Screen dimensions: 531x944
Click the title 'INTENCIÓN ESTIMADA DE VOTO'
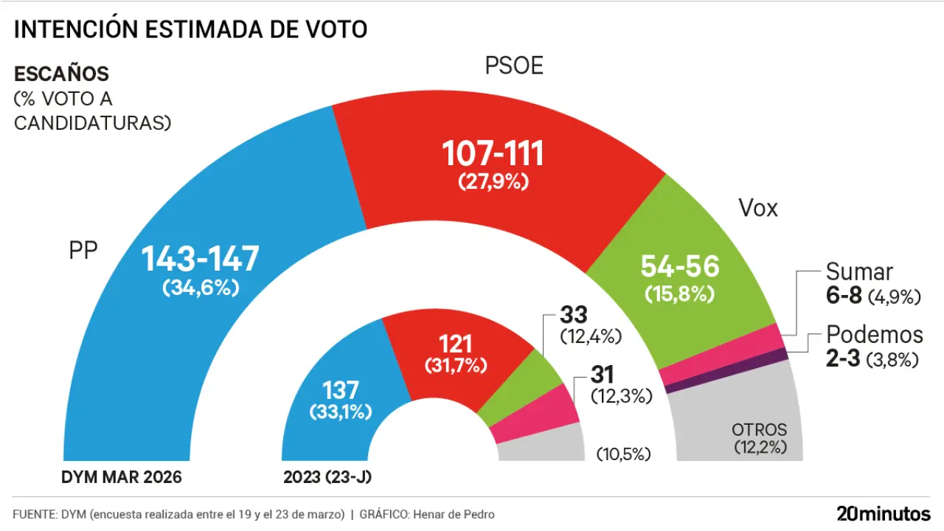pos(190,29)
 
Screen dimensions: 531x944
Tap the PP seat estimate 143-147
pos(201,259)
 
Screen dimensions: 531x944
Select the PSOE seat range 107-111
pos(493,153)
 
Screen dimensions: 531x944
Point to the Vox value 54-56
pos(680,266)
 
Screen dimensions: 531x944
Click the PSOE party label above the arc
pos(514,66)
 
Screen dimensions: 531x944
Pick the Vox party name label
pos(758,209)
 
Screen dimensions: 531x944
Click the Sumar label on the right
pos(859,272)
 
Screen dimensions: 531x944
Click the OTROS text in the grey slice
pos(759,429)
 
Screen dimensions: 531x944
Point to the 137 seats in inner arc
pos(341,389)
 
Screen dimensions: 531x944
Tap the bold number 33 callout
pos(573,315)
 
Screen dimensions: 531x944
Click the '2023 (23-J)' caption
pos(327,477)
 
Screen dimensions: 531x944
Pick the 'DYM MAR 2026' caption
pos(121,477)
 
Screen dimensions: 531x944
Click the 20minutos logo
pos(883,513)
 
